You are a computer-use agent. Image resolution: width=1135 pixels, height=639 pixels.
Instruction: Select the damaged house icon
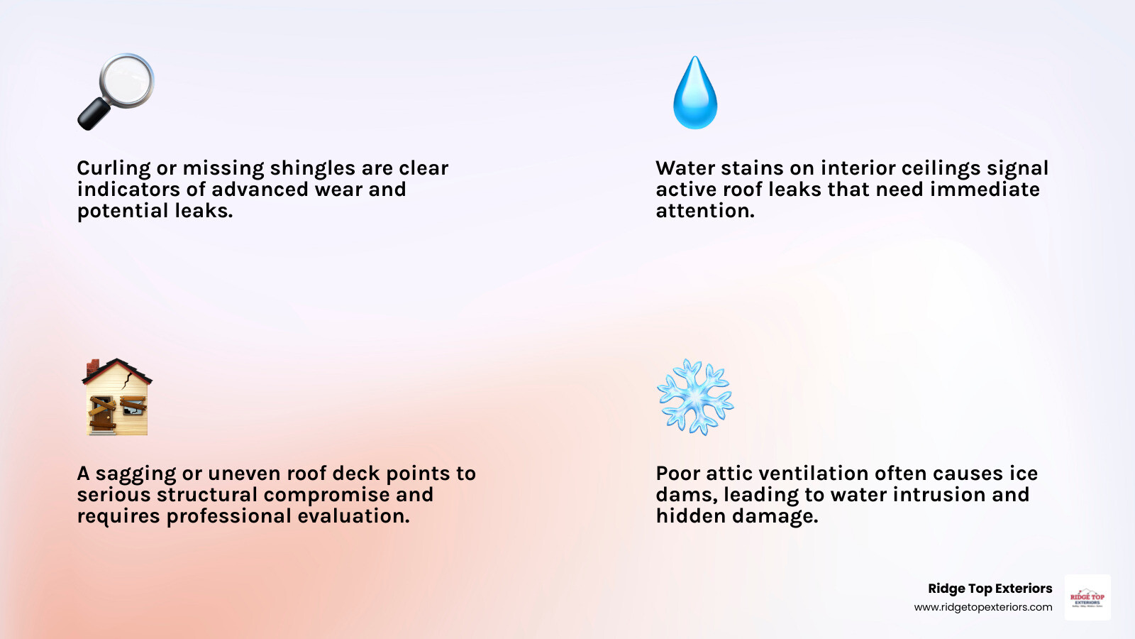click(x=116, y=397)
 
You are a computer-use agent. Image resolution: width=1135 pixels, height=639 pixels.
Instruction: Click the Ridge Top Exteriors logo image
click(x=1087, y=597)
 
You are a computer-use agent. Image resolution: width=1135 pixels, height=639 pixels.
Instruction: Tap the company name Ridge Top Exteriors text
click(x=990, y=589)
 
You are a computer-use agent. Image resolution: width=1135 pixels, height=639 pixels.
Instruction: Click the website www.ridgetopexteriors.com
click(x=982, y=607)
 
